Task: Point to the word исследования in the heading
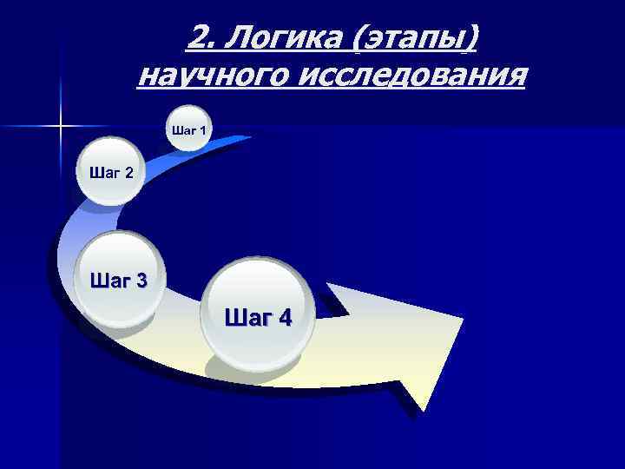coord(411,76)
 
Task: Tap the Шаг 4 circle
coord(258,317)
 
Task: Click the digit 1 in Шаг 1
coord(202,131)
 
